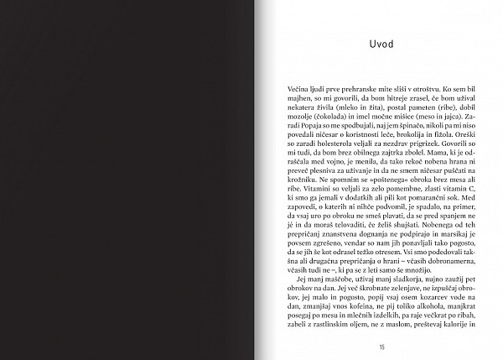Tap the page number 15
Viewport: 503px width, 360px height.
click(x=381, y=347)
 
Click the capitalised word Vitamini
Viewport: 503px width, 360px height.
click(x=303, y=198)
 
